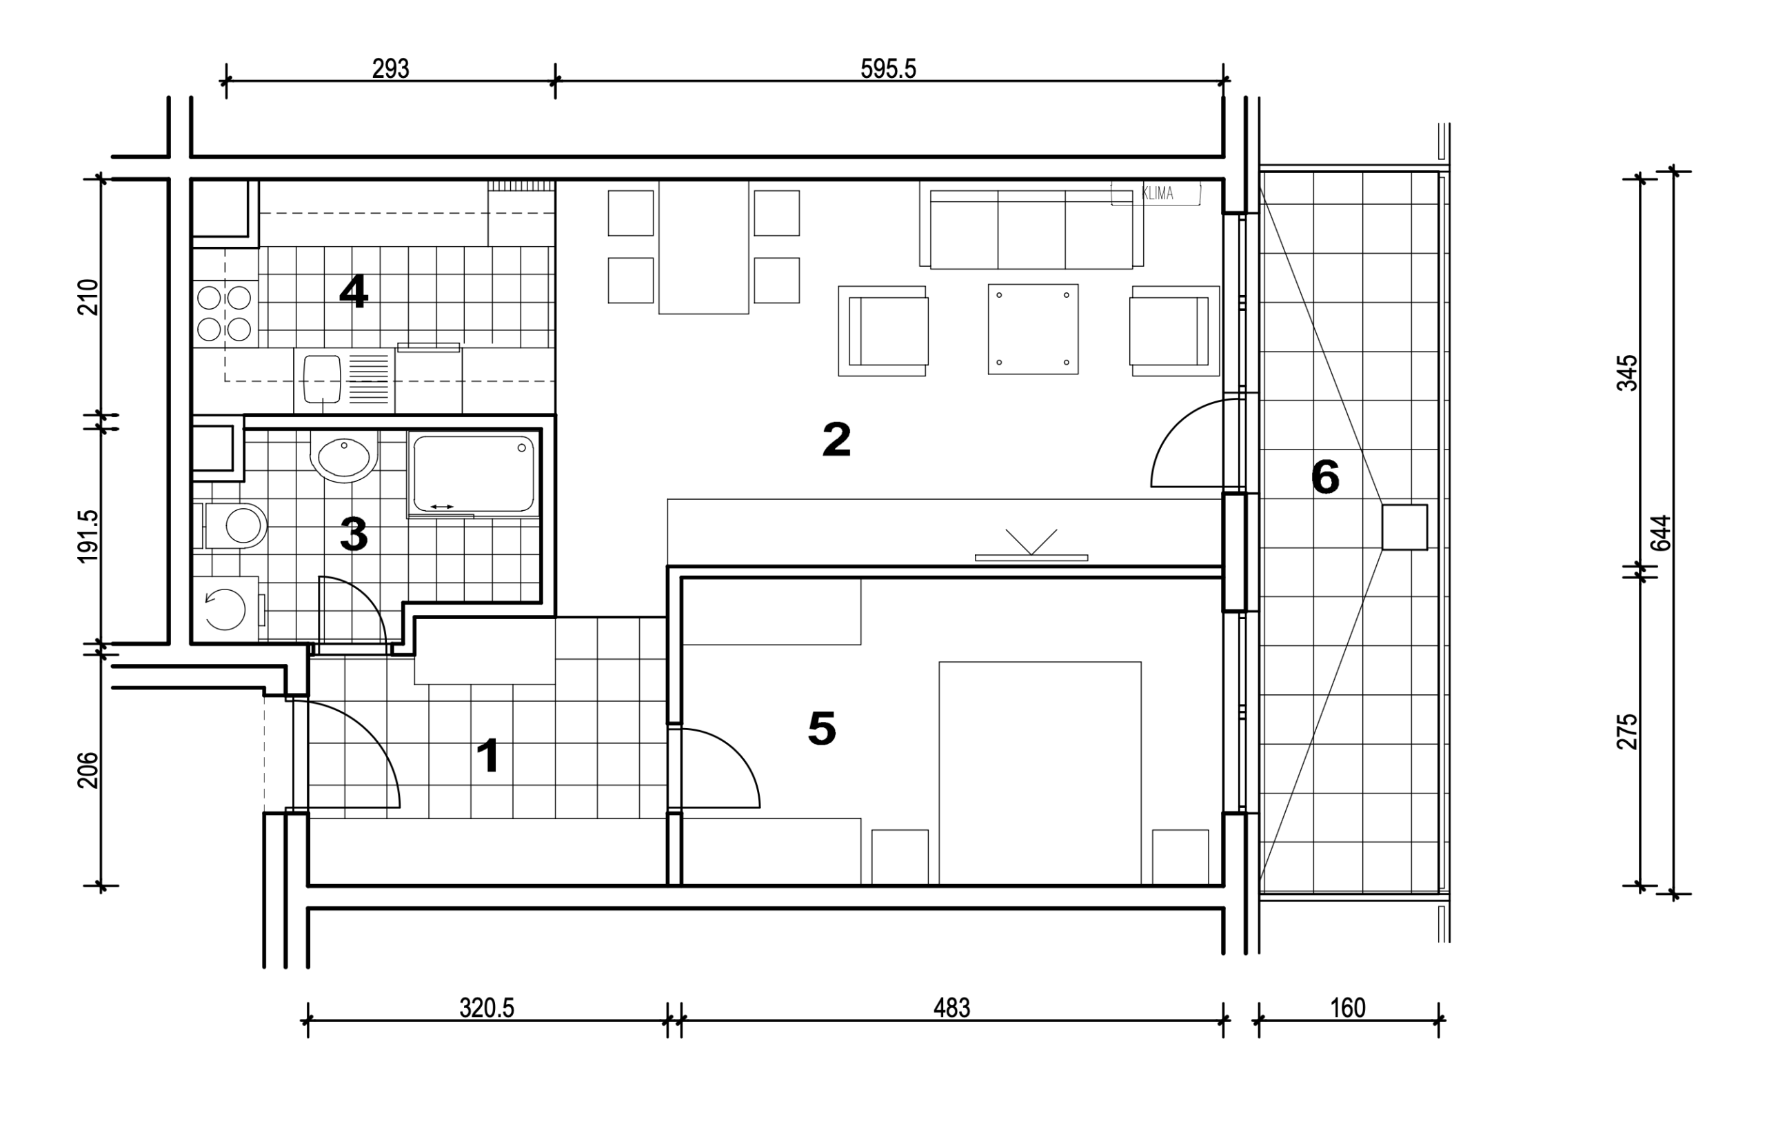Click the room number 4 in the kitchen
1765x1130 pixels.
tap(354, 292)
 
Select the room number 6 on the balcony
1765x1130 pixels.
tap(1325, 477)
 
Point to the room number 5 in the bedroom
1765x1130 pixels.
tap(822, 729)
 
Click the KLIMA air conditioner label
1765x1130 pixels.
tap(1158, 194)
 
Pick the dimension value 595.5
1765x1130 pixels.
tap(889, 69)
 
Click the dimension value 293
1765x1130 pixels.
tap(390, 69)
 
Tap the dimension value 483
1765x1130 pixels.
tap(951, 1008)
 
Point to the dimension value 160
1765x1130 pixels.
tap(1349, 1008)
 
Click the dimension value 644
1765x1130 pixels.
tap(1661, 533)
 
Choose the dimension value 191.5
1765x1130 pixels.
tap(88, 536)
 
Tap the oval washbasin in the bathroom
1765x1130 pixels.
tap(344, 456)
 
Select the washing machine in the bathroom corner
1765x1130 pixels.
tap(226, 609)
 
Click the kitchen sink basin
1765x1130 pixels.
tap(322, 379)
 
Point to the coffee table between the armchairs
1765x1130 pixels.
tap(1033, 330)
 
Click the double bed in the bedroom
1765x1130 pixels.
tap(1040, 774)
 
